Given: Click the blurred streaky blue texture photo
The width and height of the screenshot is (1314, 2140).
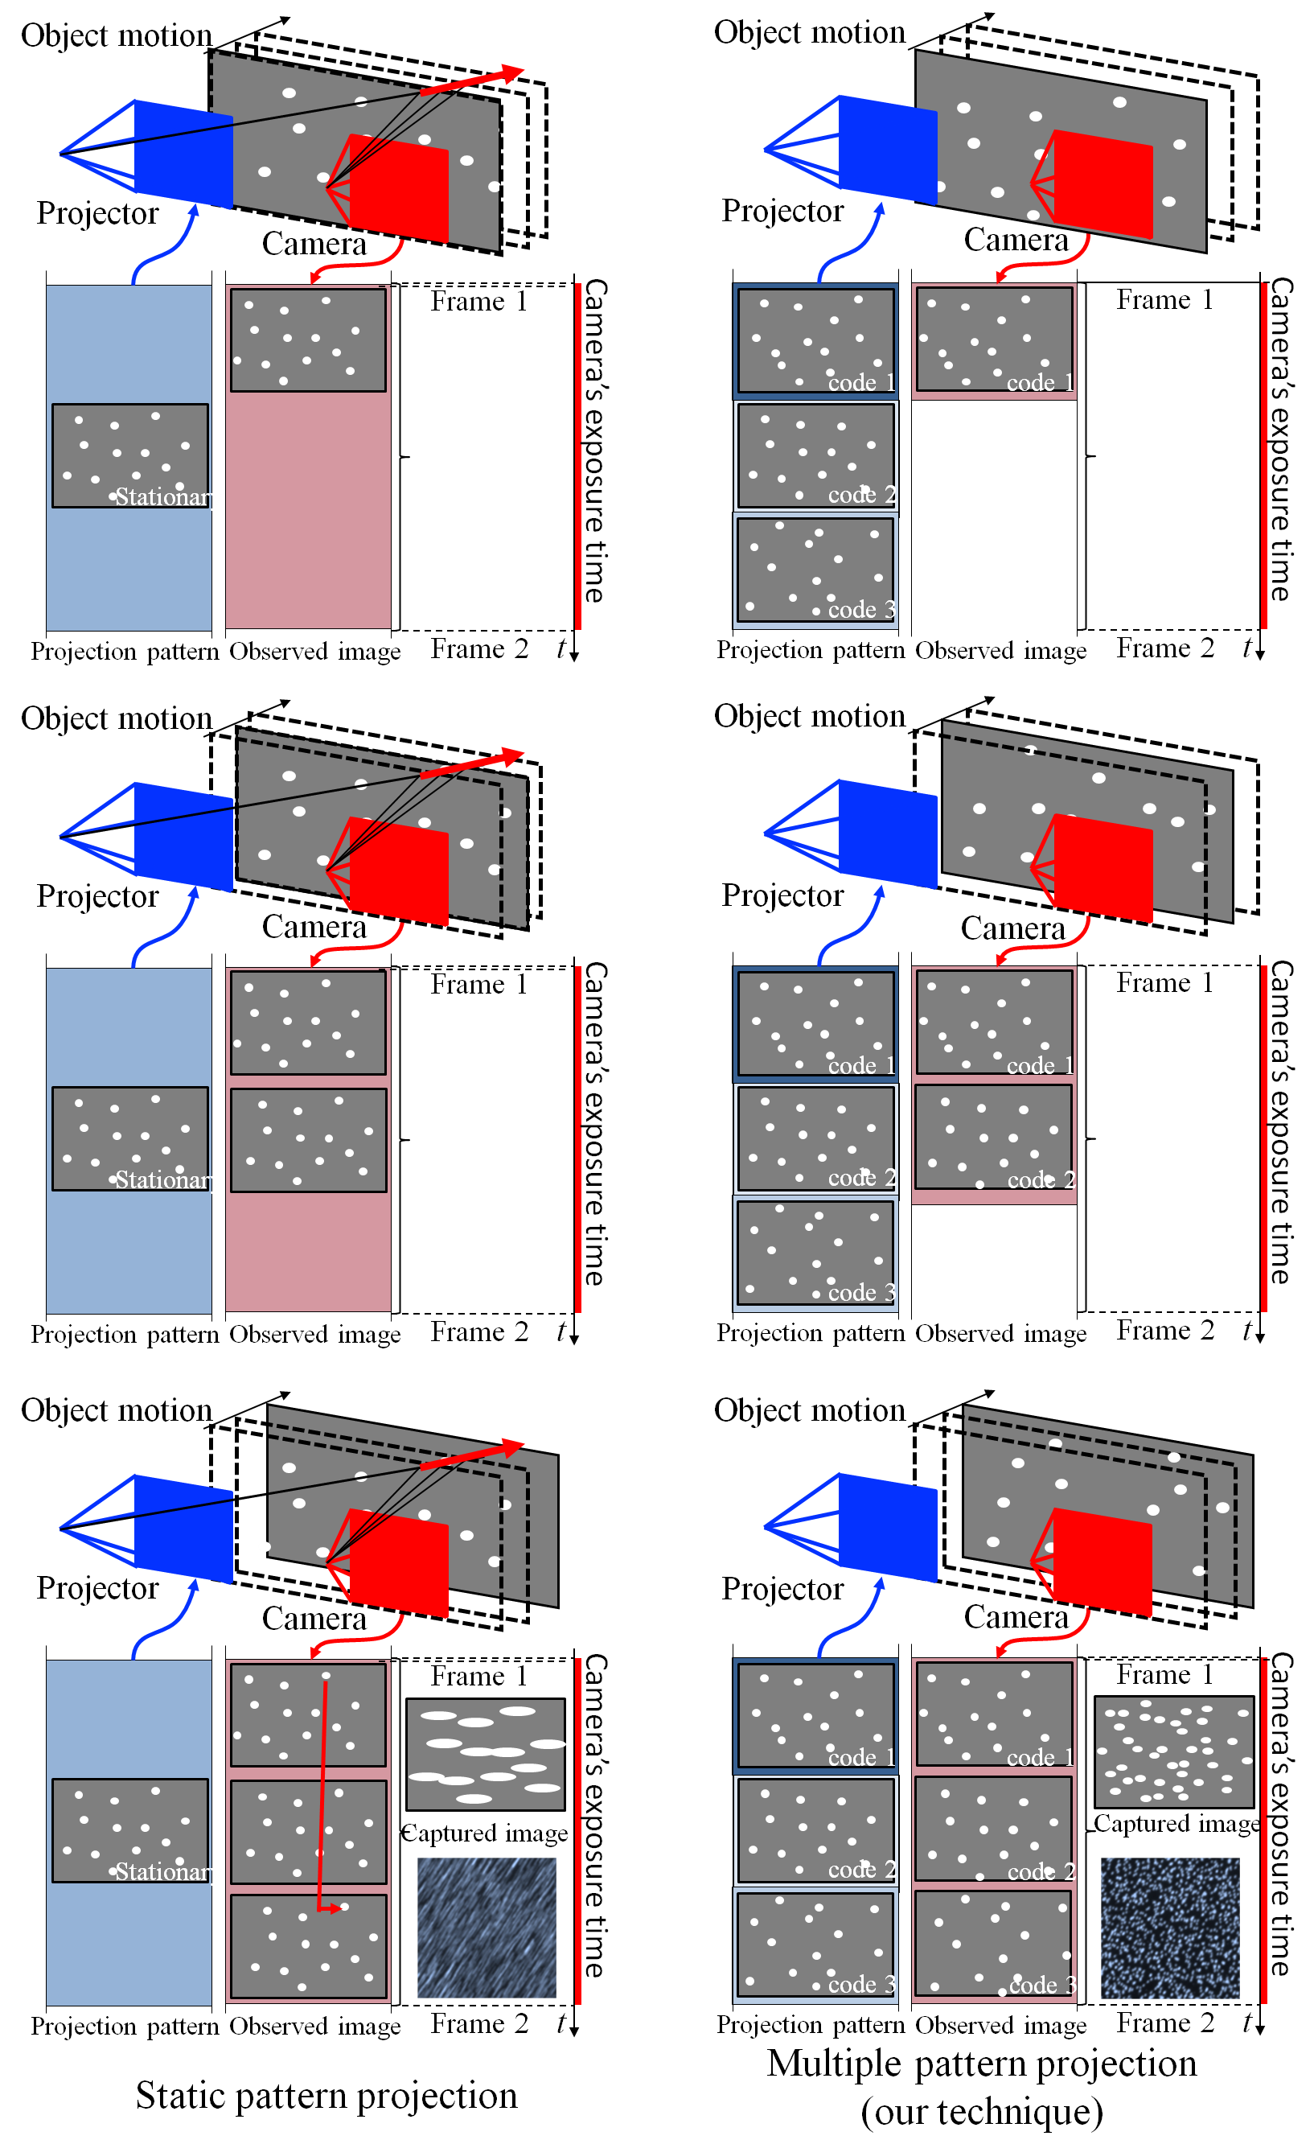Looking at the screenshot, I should [x=487, y=1927].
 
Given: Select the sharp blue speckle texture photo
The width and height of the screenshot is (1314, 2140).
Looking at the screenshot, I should [x=1170, y=1927].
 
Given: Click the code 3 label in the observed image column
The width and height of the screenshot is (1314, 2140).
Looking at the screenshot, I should [x=1042, y=1986].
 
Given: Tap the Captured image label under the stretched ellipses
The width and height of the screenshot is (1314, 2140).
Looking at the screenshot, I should [x=485, y=1833].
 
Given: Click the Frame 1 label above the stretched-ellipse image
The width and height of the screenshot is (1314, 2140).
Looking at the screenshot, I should [x=478, y=1676].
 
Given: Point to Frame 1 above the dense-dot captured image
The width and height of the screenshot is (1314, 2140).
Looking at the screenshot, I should [x=1164, y=1674].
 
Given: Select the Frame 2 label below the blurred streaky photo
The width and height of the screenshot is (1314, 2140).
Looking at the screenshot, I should [x=478, y=2023].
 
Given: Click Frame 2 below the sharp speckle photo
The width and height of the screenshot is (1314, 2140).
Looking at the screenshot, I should [x=1164, y=2023].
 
